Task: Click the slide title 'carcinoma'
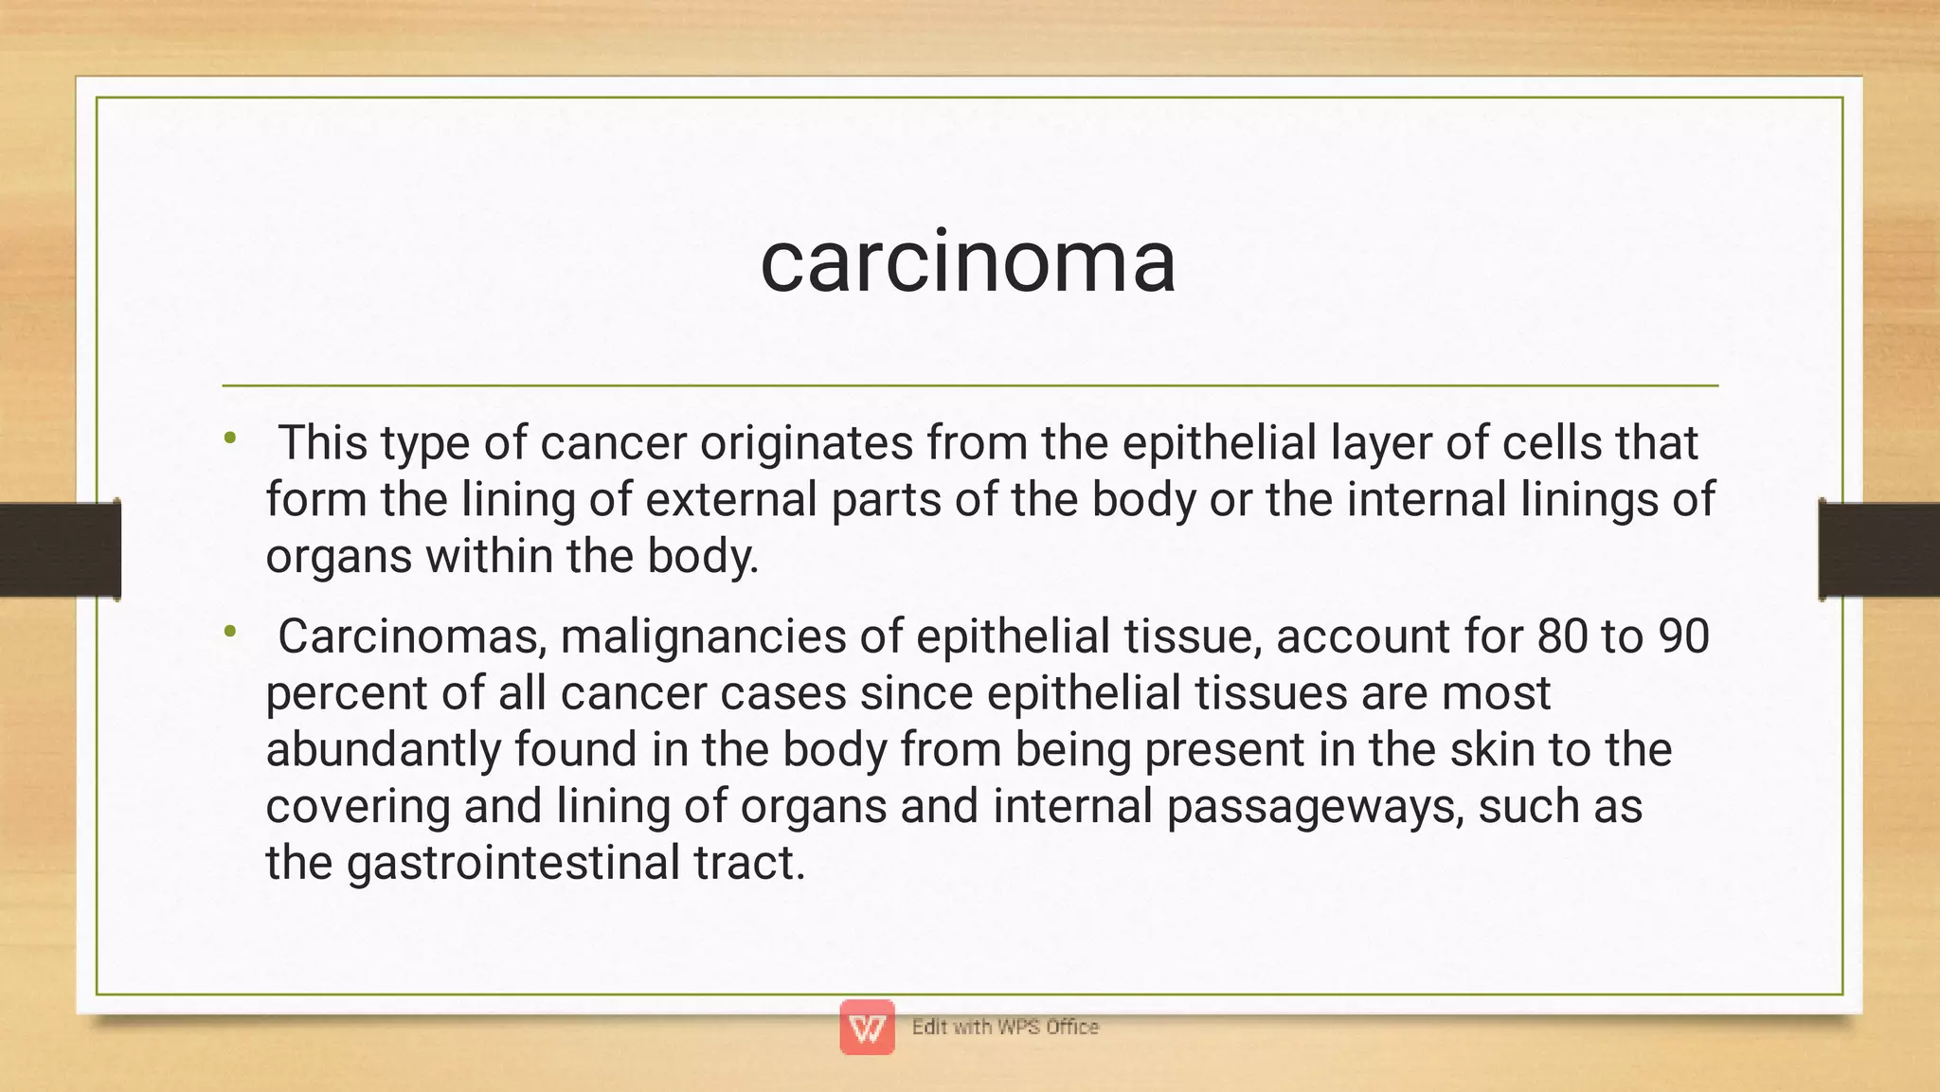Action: point(968,261)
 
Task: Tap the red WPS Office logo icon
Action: point(867,1027)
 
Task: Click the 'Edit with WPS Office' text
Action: point(1005,1027)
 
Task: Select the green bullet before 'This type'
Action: point(229,438)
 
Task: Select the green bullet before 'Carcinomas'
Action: point(229,631)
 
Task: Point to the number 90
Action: point(1683,636)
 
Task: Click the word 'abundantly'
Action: point(384,749)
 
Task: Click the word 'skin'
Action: point(1492,749)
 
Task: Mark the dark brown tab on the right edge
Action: point(1878,550)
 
